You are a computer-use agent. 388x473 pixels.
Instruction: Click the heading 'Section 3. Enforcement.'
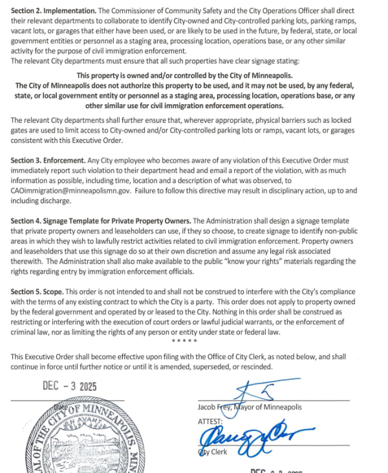(x=48, y=160)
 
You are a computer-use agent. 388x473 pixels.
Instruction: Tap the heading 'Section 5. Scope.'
(x=36, y=292)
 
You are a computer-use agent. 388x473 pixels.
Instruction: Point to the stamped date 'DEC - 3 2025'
(x=69, y=386)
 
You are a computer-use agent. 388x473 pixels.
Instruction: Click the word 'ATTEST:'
(x=210, y=421)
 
